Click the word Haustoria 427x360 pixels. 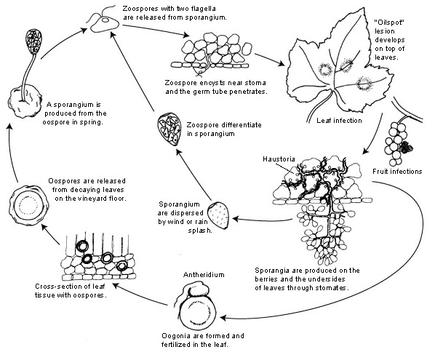pyautogui.click(x=279, y=159)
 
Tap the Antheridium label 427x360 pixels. pyautogui.click(x=204, y=274)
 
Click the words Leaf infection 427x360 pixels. pyautogui.click(x=339, y=120)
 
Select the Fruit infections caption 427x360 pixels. pyautogui.click(x=397, y=172)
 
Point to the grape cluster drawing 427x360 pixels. pyautogui.click(x=397, y=143)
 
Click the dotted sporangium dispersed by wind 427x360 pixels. pyautogui.click(x=218, y=215)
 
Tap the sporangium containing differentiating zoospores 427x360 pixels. pyautogui.click(x=169, y=129)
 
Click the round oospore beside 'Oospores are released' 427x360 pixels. pyautogui.click(x=29, y=205)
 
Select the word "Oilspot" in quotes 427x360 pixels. pyautogui.click(x=389, y=23)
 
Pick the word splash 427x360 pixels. pyautogui.click(x=200, y=231)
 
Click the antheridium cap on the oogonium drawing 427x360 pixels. pyautogui.click(x=197, y=289)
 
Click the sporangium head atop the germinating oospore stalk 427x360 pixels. pyautogui.click(x=33, y=41)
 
